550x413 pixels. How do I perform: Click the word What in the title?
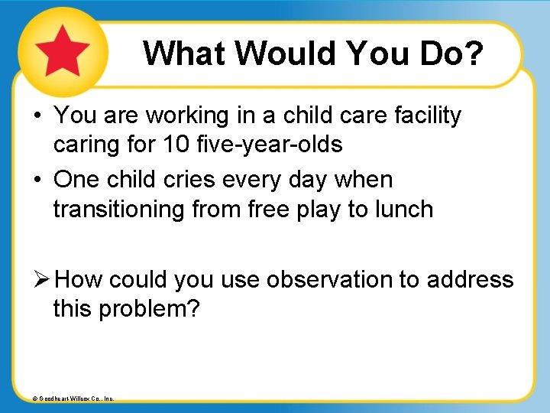tap(186, 54)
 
